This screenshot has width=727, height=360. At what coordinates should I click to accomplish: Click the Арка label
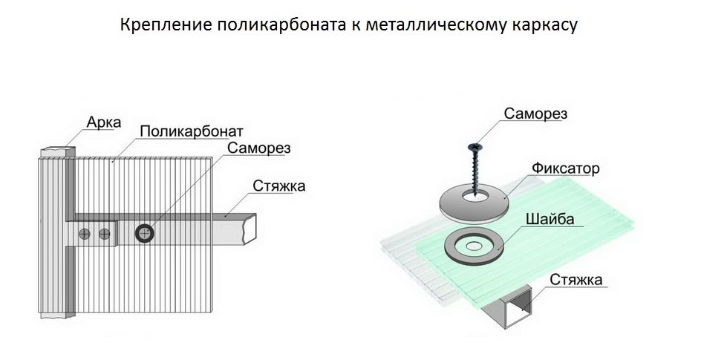tap(103, 121)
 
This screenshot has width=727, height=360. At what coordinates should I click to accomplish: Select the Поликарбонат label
tap(190, 131)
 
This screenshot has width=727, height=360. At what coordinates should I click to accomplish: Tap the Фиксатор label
tap(566, 168)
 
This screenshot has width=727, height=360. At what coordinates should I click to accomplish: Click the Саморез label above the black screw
tap(535, 114)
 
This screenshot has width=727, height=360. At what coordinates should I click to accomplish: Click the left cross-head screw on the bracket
tap(86, 234)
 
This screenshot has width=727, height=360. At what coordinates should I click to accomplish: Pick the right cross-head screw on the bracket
tap(105, 234)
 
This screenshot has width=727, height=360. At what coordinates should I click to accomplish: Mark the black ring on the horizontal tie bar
tap(144, 234)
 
